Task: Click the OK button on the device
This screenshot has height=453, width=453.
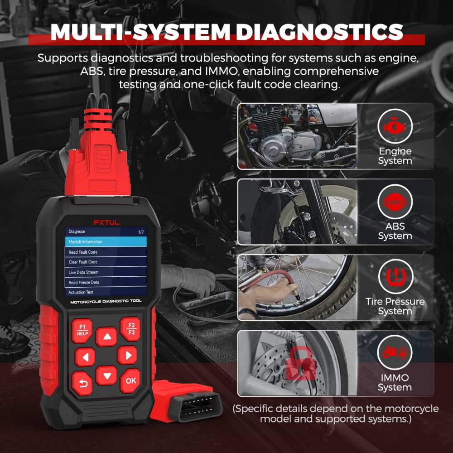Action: coord(130,381)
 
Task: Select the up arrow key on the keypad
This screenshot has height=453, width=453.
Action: coord(106,337)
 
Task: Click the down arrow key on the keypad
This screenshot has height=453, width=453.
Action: coord(106,376)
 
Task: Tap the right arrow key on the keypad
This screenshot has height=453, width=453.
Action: coord(127,355)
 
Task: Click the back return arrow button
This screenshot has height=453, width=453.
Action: coord(82,383)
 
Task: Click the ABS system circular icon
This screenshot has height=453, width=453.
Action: coord(395,202)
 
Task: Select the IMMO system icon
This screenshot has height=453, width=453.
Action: coord(395,352)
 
